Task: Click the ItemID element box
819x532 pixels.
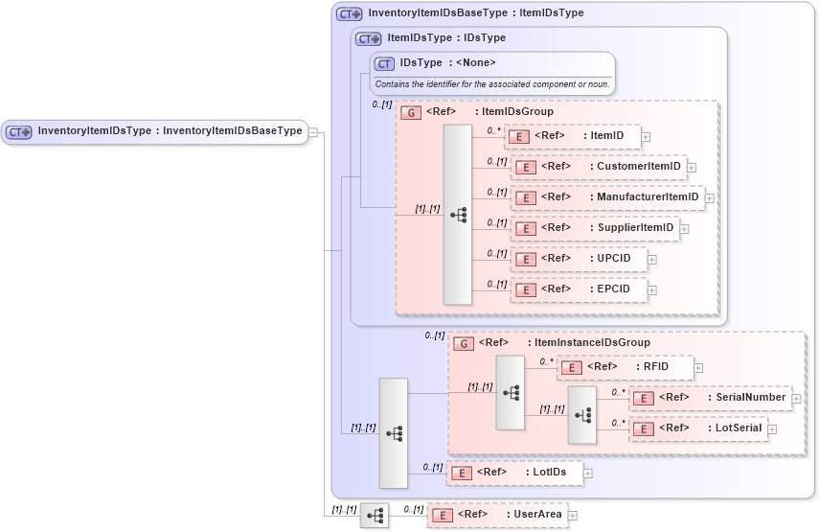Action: pos(572,136)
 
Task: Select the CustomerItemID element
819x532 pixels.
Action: pos(598,167)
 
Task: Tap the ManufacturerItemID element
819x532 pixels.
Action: pos(606,197)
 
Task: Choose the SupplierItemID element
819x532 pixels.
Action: pos(594,228)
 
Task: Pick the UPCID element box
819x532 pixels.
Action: pos(578,259)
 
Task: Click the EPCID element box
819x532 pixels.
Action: pos(578,289)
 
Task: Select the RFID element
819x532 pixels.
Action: pos(624,367)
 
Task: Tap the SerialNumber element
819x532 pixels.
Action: pos(709,398)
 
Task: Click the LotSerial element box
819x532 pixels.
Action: pos(697,428)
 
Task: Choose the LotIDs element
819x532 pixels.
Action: pos(515,473)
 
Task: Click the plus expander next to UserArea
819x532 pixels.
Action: pos(573,516)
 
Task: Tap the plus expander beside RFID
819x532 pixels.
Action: pos(698,367)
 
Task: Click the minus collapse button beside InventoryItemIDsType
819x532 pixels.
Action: pos(313,132)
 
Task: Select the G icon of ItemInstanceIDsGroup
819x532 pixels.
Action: pos(464,343)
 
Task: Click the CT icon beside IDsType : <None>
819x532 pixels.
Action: pos(385,63)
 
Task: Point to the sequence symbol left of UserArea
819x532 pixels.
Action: pos(375,515)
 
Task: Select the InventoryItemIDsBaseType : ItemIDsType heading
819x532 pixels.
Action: pos(475,14)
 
